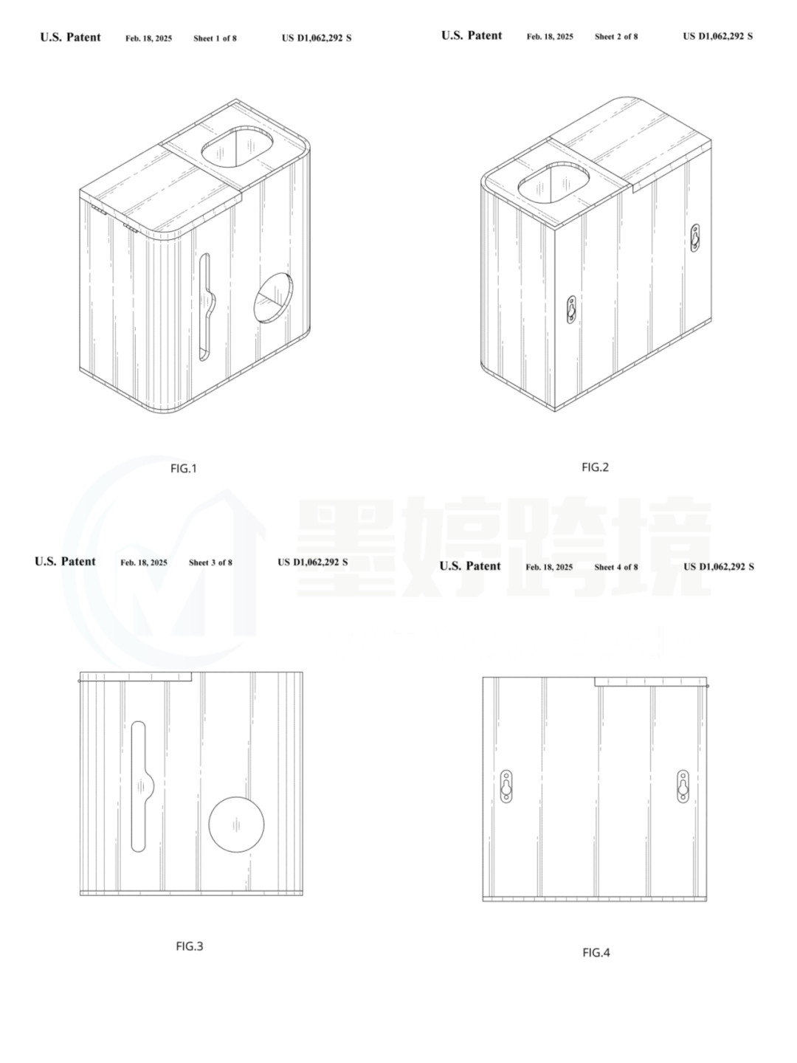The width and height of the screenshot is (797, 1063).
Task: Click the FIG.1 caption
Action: click(x=184, y=468)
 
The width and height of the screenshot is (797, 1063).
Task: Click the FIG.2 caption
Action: click(x=596, y=467)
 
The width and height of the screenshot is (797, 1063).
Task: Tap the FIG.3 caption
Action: click(x=190, y=946)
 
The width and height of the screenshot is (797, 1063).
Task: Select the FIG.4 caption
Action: click(x=596, y=953)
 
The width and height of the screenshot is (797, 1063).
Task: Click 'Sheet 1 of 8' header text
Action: click(x=215, y=38)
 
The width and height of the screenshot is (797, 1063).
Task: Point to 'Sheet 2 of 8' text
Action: click(x=616, y=37)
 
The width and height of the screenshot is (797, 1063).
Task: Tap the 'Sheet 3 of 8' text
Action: click(x=210, y=563)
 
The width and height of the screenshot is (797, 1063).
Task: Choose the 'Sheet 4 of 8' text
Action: click(x=616, y=567)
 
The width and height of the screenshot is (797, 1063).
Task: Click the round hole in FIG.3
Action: click(x=236, y=825)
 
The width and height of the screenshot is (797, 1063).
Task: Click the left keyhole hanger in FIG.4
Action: click(x=506, y=786)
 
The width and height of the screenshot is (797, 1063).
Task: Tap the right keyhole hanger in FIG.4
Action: click(x=683, y=786)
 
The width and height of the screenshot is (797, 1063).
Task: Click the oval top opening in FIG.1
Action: click(x=236, y=148)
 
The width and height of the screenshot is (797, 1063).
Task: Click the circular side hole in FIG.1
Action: click(x=273, y=297)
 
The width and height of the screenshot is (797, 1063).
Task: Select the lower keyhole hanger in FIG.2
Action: click(x=571, y=309)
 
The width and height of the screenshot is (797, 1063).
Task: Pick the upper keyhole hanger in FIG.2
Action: click(x=695, y=238)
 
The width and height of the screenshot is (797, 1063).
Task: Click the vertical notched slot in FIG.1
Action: click(x=207, y=307)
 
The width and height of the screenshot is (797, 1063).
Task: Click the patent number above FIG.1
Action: click(x=317, y=38)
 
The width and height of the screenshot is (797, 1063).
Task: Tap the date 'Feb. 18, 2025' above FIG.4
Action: click(x=549, y=567)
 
